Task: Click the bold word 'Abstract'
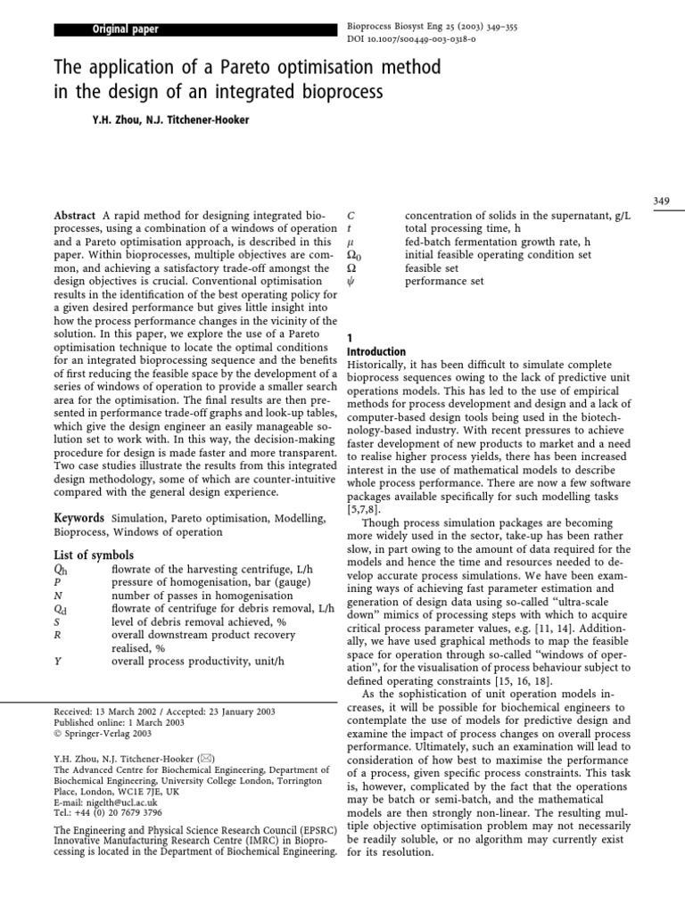[76, 216]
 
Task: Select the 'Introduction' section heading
[376, 352]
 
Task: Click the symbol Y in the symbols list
[59, 662]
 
